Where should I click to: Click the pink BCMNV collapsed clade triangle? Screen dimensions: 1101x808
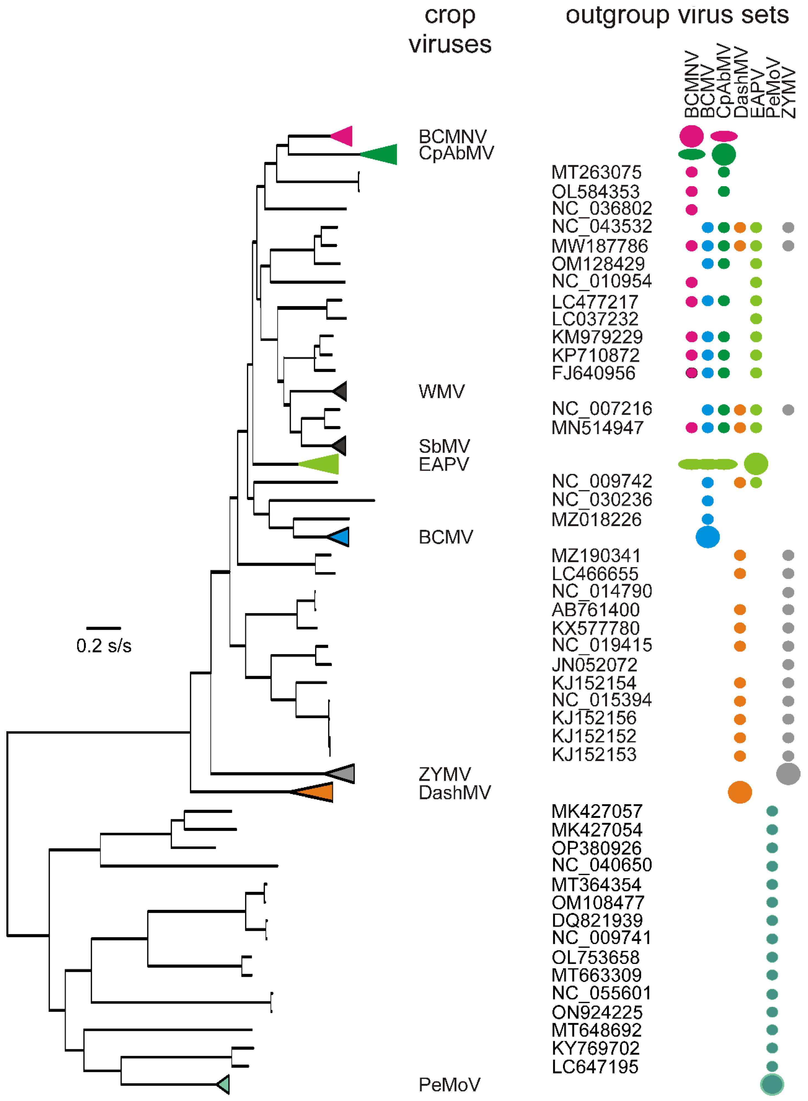344,136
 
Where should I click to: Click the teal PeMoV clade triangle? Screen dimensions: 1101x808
224,1084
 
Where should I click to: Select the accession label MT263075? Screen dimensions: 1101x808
596,172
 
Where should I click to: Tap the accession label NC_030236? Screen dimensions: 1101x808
602,500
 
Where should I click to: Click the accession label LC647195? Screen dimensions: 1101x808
595,1066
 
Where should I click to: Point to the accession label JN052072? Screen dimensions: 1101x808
594,665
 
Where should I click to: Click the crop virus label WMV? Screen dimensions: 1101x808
441,391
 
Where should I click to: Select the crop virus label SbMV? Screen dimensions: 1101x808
444,446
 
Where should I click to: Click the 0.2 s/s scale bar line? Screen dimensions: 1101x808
104,628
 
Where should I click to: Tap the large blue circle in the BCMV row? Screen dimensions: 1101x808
707,537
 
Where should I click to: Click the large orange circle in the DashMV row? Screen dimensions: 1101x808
740,792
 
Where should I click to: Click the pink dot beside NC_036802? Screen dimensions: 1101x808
691,210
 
